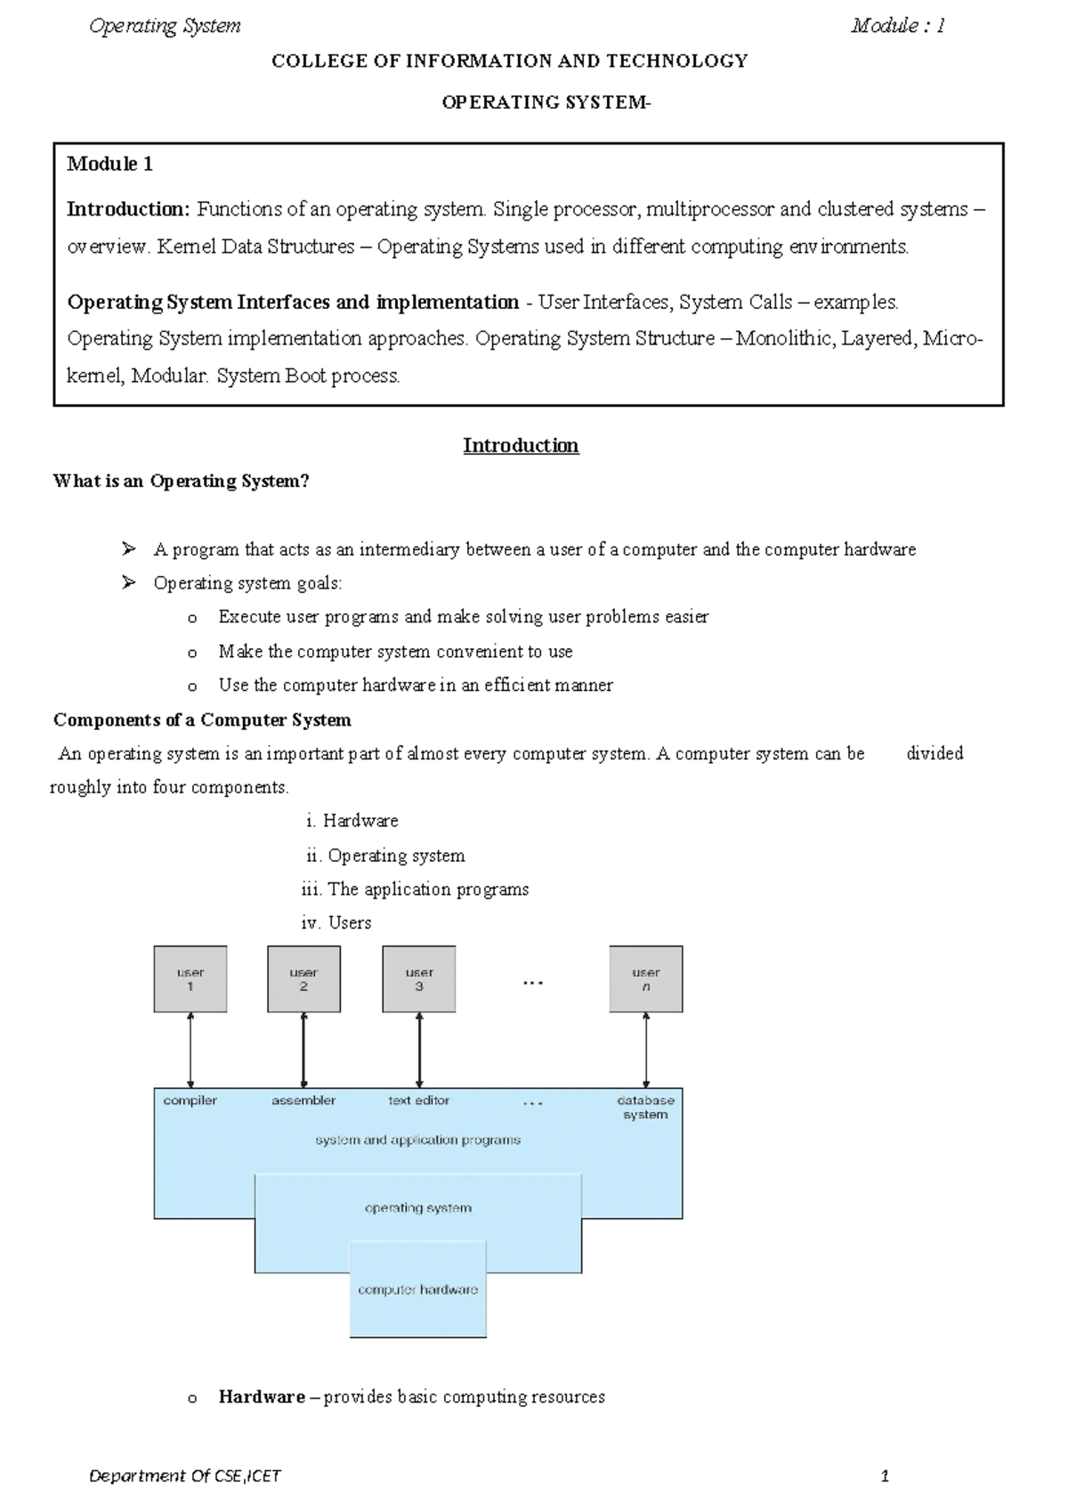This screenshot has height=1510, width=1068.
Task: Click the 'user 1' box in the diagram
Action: [x=190, y=978]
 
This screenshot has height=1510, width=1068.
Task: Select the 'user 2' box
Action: [x=303, y=978]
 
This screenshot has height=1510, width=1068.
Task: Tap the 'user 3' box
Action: [x=418, y=978]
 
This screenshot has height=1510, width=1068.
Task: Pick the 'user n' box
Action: [x=645, y=978]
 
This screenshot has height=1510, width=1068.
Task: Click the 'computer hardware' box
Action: [x=417, y=1289]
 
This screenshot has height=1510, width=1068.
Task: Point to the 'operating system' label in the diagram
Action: [x=417, y=1208]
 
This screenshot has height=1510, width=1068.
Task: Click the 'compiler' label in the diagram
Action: [x=190, y=1100]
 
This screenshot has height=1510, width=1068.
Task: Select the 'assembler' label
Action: [x=303, y=1100]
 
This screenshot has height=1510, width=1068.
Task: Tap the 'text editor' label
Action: [x=418, y=1100]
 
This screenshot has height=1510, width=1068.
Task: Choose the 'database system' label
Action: [x=645, y=1107]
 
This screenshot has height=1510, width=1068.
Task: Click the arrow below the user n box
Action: [x=646, y=1050]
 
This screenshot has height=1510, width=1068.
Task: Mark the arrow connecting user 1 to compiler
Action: [x=190, y=1050]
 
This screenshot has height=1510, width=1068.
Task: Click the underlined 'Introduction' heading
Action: [x=521, y=445]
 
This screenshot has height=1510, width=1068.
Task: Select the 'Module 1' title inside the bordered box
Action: [x=110, y=164]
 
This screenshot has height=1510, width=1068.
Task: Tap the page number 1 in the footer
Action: [x=885, y=1475]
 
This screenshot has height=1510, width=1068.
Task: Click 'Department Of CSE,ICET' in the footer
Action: [x=184, y=1475]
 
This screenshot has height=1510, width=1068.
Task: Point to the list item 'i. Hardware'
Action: [x=352, y=821]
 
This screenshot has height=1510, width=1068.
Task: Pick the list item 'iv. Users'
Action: [x=336, y=922]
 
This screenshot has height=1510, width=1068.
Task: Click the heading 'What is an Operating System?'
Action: [x=181, y=482]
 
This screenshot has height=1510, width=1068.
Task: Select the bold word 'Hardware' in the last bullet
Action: [x=262, y=1397]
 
